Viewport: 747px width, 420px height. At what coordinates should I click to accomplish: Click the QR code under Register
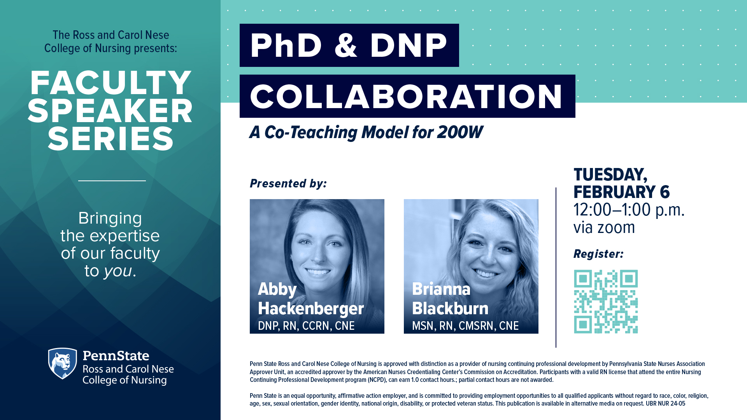(x=606, y=301)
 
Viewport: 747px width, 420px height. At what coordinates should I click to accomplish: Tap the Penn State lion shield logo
(x=62, y=363)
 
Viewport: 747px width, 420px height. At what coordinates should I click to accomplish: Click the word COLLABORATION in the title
(x=407, y=96)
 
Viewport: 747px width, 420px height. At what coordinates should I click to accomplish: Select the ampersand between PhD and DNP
(x=345, y=45)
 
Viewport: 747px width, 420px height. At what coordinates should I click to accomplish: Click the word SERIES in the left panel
(x=111, y=139)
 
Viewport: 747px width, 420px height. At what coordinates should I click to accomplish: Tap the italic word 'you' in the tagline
(x=118, y=271)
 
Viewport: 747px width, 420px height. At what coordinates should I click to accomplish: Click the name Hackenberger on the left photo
(x=311, y=308)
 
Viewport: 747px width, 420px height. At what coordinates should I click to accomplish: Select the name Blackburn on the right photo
(x=450, y=308)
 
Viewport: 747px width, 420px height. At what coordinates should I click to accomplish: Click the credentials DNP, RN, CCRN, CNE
(x=306, y=326)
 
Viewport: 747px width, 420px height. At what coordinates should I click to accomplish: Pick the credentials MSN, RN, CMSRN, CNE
(x=465, y=326)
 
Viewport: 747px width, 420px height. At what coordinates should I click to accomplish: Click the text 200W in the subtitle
(x=460, y=132)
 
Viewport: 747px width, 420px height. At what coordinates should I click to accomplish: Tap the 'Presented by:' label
(x=288, y=184)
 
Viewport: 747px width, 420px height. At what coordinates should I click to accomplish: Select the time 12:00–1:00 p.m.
(x=629, y=210)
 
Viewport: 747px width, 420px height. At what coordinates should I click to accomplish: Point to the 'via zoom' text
(x=604, y=227)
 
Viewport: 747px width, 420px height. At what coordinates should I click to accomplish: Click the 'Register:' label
(x=598, y=254)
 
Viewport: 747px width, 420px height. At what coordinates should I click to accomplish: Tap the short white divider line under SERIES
(x=112, y=181)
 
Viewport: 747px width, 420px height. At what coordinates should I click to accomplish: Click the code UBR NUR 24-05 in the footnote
(x=666, y=404)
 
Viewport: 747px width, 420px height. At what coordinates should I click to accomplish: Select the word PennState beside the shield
(x=116, y=355)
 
